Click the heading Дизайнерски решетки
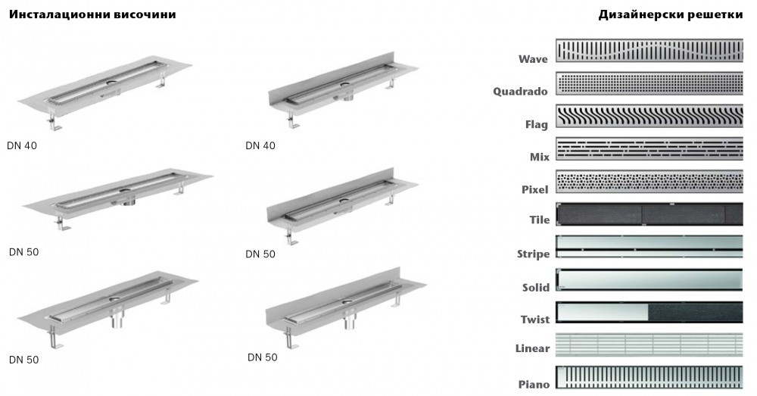coord(677,14)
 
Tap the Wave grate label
coord(534,59)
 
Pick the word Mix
coord(539,157)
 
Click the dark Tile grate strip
coord(650,214)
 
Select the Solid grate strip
coord(650,279)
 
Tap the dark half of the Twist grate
coord(695,312)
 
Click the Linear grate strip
coord(650,345)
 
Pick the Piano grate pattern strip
coord(650,377)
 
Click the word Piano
coord(534,385)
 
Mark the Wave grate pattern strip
coord(650,50)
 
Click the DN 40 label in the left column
coord(23,146)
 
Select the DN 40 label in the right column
coord(260,146)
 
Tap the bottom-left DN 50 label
coord(23,360)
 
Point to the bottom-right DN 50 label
coord(263,357)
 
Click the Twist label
coord(534,320)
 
